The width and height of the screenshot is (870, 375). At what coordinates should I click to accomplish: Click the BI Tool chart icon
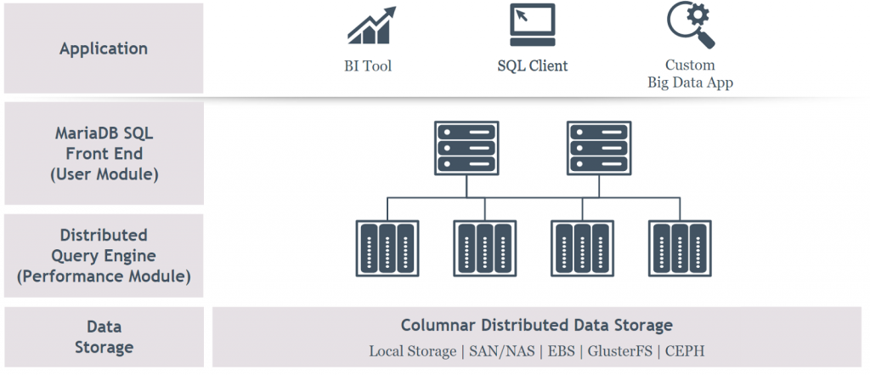pos(371,26)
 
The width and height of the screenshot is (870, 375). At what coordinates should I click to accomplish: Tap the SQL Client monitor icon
pos(532,26)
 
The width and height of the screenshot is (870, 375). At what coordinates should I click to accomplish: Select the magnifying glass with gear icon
pos(689,25)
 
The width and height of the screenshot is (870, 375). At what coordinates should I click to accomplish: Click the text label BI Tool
pos(363,65)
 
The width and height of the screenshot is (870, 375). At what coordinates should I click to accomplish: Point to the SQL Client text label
pos(532,65)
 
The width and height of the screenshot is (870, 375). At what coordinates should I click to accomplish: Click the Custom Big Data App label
pos(689,74)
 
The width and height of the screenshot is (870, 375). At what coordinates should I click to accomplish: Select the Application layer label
pos(104,48)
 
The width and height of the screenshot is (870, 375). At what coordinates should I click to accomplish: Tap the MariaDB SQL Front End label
pos(104,154)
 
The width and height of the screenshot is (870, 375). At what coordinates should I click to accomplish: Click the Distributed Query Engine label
pos(104,255)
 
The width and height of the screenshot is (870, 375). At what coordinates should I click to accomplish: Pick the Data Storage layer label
pos(104,337)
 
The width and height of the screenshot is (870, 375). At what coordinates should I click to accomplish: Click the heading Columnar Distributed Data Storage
pos(536,326)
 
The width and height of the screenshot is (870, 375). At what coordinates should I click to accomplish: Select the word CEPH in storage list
pos(685,351)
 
